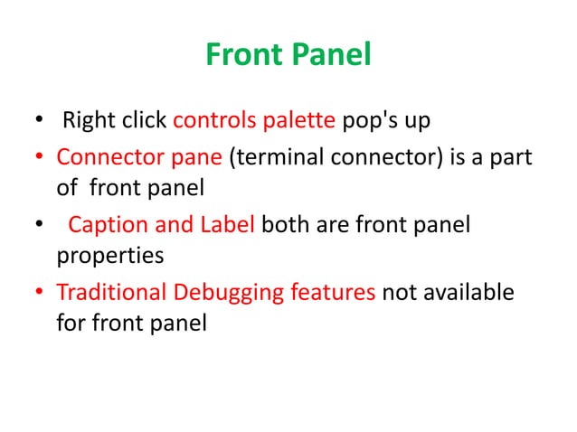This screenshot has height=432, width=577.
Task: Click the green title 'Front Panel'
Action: click(x=288, y=56)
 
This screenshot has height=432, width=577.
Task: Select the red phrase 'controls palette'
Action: click(x=235, y=121)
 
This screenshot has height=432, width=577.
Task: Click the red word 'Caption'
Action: click(x=102, y=224)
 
